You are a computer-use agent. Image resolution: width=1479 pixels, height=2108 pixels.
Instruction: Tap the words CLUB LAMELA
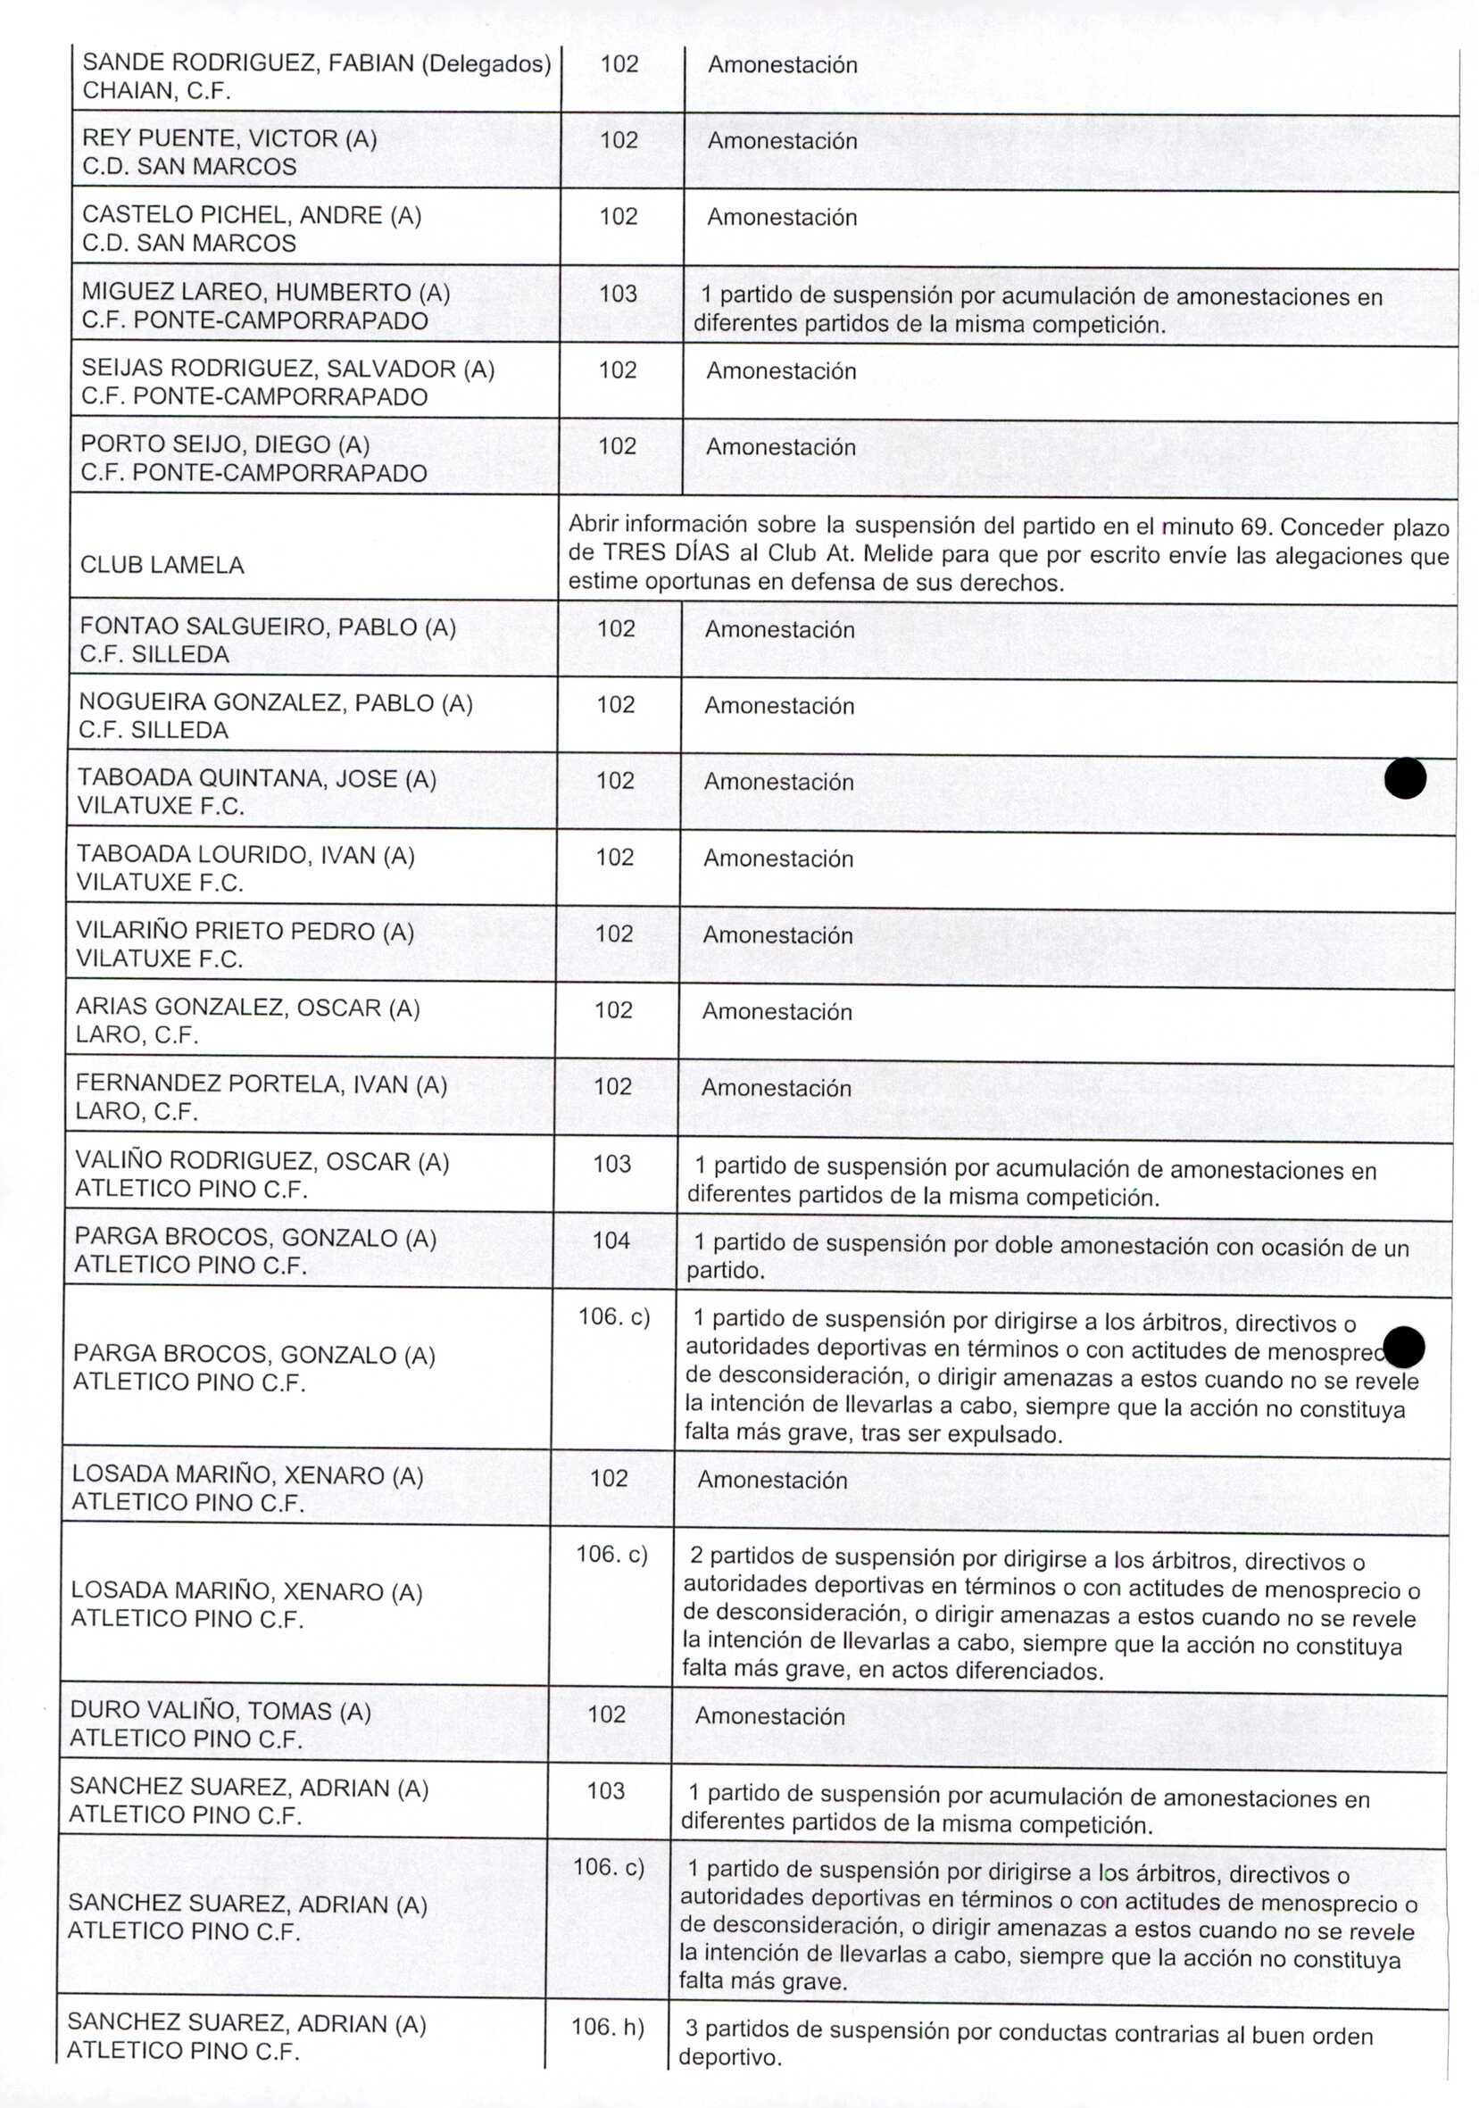162,565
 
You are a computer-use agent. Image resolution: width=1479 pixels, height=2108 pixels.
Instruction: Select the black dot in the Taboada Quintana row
1405,778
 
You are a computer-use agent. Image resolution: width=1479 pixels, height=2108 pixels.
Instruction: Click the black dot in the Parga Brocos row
1404,1347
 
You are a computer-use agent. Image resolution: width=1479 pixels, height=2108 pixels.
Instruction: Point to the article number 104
611,1241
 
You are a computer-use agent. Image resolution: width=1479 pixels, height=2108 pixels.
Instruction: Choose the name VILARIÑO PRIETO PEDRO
227,931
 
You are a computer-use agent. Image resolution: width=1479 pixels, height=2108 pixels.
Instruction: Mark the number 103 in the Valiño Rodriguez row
612,1163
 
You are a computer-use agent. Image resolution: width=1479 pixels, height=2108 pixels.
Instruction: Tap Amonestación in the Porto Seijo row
780,447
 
